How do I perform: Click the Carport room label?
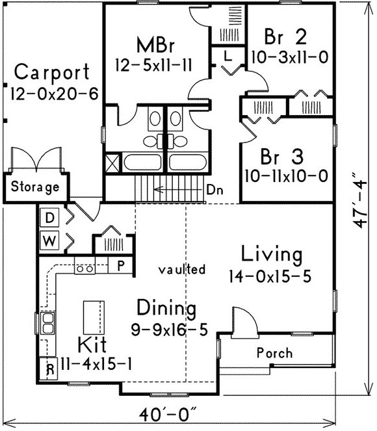(x=51, y=73)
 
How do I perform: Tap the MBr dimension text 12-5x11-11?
(x=153, y=66)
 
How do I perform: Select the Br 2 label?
(x=285, y=36)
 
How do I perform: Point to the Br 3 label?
(x=282, y=156)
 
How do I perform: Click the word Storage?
(x=35, y=187)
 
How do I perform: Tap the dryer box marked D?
(x=49, y=218)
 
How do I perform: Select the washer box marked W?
(x=49, y=241)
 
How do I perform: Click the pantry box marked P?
(x=121, y=265)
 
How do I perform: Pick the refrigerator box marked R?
(x=49, y=369)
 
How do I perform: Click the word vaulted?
(x=182, y=269)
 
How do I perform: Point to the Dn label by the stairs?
(x=215, y=190)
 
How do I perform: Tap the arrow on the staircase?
(x=178, y=190)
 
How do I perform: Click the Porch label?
(x=275, y=353)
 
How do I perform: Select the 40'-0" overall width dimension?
(x=168, y=415)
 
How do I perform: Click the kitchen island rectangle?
(x=94, y=317)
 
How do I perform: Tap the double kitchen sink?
(x=48, y=322)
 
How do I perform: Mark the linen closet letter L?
(x=227, y=57)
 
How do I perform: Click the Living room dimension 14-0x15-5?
(x=270, y=276)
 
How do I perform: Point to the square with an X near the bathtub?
(x=112, y=163)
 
